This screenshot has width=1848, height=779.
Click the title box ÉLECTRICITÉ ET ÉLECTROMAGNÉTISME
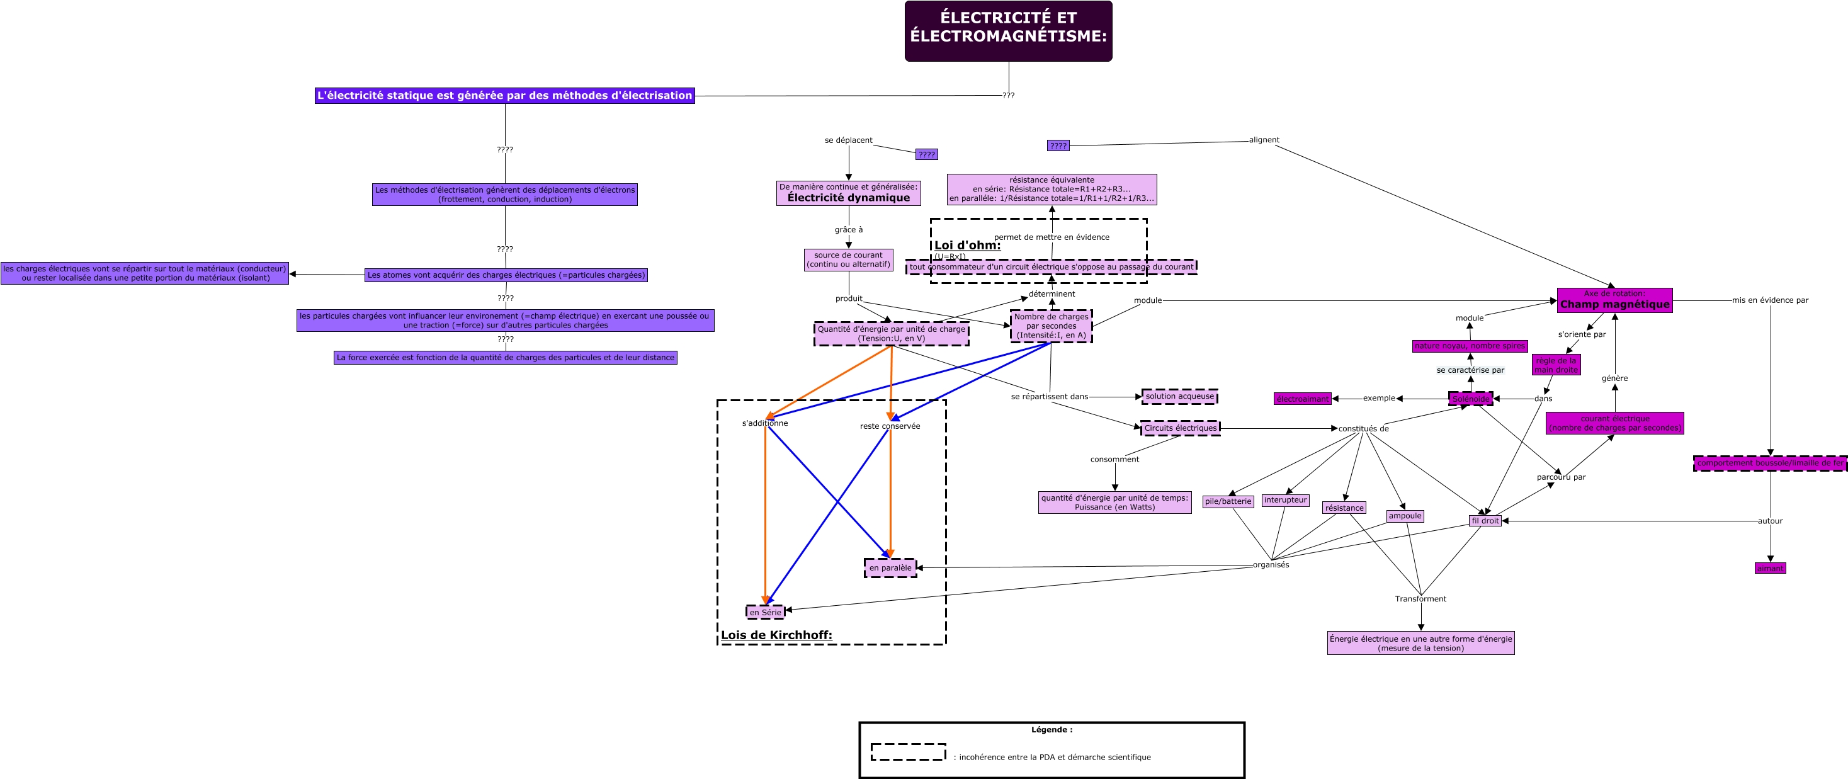pyautogui.click(x=1008, y=31)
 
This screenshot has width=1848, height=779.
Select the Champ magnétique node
pyautogui.click(x=1614, y=300)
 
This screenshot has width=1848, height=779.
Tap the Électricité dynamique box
pyautogui.click(x=848, y=193)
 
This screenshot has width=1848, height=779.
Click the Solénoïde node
pyautogui.click(x=1471, y=399)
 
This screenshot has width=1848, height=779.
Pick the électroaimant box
pyautogui.click(x=1302, y=399)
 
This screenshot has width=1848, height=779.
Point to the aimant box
pyautogui.click(x=1770, y=568)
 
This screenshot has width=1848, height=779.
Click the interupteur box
pyautogui.click(x=1285, y=500)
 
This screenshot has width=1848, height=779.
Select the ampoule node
pyautogui.click(x=1405, y=516)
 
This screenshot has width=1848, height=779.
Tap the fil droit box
pyautogui.click(x=1484, y=521)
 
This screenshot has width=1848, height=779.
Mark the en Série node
pyautogui.click(x=766, y=612)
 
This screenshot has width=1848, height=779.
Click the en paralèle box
pyautogui.click(x=890, y=567)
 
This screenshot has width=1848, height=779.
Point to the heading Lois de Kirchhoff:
pyautogui.click(x=776, y=635)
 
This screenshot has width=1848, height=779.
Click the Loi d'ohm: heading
pyautogui.click(x=967, y=246)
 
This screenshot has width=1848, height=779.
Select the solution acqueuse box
pyautogui.click(x=1179, y=396)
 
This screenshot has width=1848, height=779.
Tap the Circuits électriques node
pyautogui.click(x=1180, y=428)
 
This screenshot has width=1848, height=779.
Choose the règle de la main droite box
pyautogui.click(x=1556, y=365)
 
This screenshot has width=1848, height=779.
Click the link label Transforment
pyautogui.click(x=1420, y=599)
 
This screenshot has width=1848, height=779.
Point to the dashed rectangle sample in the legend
pyautogui.click(x=908, y=752)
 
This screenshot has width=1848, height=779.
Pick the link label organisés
pyautogui.click(x=1271, y=564)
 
